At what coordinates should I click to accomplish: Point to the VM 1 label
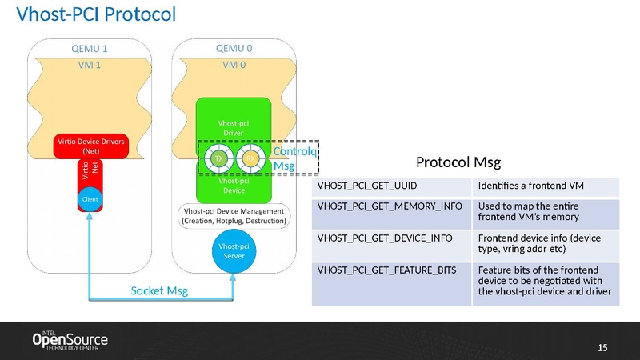(89, 65)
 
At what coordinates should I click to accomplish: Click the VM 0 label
(234, 65)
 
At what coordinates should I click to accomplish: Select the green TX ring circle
(218, 158)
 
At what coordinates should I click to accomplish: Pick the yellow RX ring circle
(250, 158)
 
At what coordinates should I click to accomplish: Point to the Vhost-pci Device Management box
(234, 215)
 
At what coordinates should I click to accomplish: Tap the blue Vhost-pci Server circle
(234, 250)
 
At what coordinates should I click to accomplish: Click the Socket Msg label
(159, 291)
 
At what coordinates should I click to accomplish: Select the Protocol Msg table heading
(463, 162)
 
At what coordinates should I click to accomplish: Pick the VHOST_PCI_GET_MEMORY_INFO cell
(391, 212)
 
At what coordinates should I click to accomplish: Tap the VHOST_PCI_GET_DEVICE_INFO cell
(391, 243)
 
